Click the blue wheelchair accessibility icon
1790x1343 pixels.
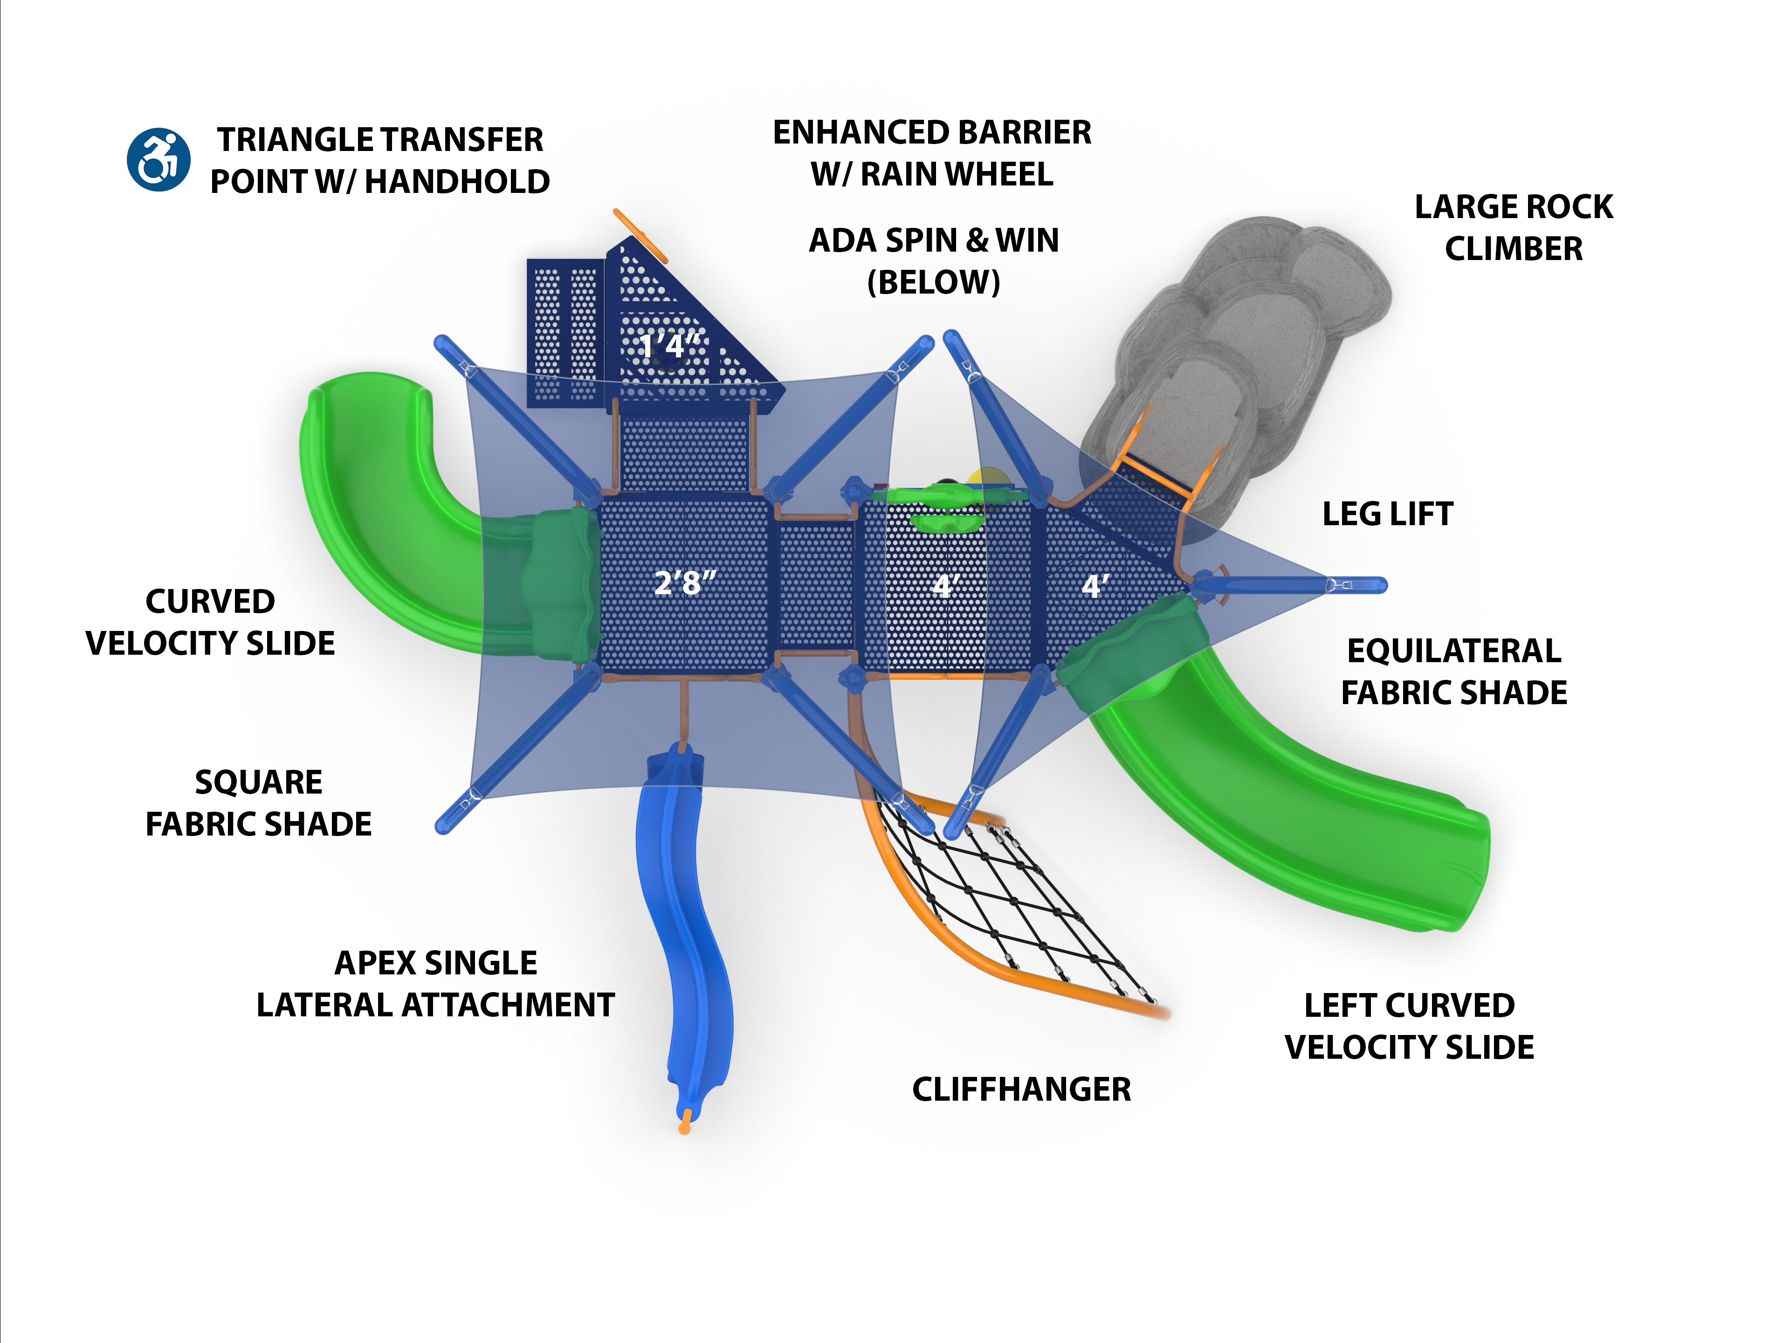[158, 159]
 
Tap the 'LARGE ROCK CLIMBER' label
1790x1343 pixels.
[1513, 227]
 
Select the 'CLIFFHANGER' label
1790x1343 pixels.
[1021, 1089]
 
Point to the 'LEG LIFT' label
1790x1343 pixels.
[1387, 514]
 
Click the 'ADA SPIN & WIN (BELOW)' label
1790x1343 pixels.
[934, 260]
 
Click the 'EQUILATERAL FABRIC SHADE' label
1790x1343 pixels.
[1453, 671]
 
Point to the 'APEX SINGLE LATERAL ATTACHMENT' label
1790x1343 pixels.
[435, 984]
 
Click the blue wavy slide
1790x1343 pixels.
[688, 914]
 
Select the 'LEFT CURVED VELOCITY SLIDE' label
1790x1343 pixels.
[1409, 1026]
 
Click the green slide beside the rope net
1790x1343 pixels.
[1311, 817]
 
